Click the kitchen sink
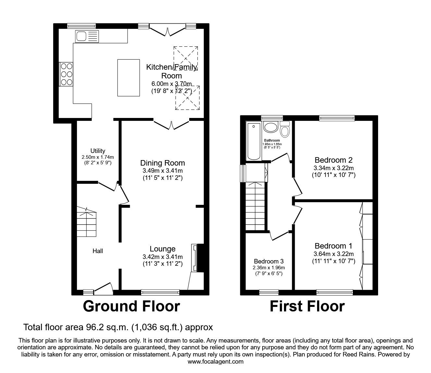tap(81, 36)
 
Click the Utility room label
tap(98, 151)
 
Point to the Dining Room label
tap(162, 163)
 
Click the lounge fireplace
tap(195, 258)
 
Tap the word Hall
tap(98, 251)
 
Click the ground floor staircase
tap(87, 224)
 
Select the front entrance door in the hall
tap(103, 288)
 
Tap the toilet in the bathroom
tap(285, 130)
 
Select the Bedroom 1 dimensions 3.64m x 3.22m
tap(334, 254)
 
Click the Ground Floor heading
tap(131, 307)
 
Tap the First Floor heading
tap(307, 307)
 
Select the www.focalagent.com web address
tap(215, 361)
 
